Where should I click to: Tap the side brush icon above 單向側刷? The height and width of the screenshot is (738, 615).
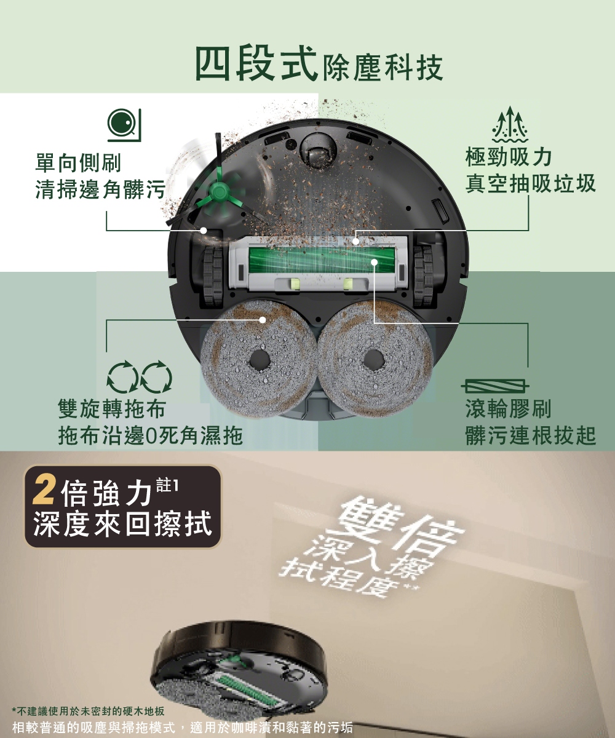point(124,125)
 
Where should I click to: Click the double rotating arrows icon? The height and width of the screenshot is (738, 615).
point(140,377)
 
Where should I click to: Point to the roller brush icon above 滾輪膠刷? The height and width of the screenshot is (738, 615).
point(495,386)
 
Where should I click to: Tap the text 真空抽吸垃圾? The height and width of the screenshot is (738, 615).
point(530,184)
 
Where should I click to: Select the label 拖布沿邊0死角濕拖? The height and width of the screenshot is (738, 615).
point(151,435)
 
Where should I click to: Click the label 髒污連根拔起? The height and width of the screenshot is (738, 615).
point(531,435)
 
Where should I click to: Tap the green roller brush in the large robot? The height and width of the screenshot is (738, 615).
point(321,262)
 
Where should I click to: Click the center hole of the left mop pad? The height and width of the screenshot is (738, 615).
point(260,361)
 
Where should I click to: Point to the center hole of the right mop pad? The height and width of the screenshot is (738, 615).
point(373,360)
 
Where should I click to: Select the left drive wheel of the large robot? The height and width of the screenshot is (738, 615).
point(213,276)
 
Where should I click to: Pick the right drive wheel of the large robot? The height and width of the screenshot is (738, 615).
point(423,276)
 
